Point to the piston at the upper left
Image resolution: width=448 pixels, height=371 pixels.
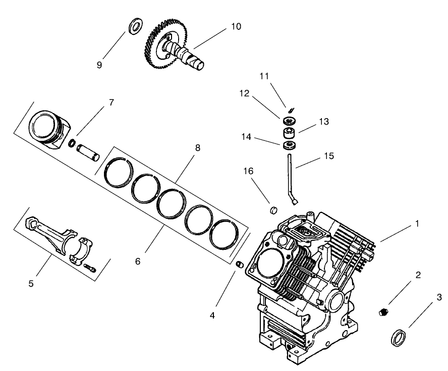pyautogui.click(x=48, y=128)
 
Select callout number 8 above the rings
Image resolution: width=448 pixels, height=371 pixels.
pyautogui.click(x=198, y=148)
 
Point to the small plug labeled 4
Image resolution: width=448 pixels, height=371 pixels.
pyautogui.click(x=241, y=264)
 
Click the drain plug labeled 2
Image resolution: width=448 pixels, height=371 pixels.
pyautogui.click(x=383, y=312)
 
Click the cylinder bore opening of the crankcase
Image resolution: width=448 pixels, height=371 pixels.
pyautogui.click(x=267, y=262)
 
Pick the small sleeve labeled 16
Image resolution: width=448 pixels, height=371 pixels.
pyautogui.click(x=274, y=209)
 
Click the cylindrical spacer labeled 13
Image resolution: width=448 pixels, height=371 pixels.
pyautogui.click(x=290, y=134)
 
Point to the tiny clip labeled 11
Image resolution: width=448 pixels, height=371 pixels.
pyautogui.click(x=291, y=110)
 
